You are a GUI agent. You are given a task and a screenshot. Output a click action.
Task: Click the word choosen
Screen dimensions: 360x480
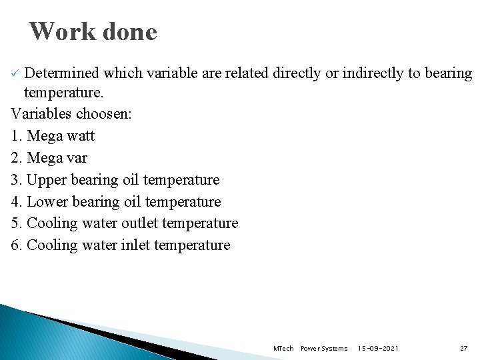point(105,113)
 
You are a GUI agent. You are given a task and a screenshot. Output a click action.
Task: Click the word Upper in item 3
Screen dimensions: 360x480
point(47,180)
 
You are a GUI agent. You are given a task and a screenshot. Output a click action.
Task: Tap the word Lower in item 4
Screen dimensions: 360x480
point(47,201)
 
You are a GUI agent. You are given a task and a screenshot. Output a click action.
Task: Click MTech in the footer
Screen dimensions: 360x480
point(283,349)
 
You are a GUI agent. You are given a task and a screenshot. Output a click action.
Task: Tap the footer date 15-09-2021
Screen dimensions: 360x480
point(378,349)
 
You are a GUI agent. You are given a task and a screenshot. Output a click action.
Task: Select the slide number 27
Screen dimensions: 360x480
point(464,349)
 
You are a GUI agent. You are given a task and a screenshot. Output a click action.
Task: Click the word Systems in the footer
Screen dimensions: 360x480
point(335,349)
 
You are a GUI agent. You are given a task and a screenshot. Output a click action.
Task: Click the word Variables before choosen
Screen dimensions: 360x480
point(41,113)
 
